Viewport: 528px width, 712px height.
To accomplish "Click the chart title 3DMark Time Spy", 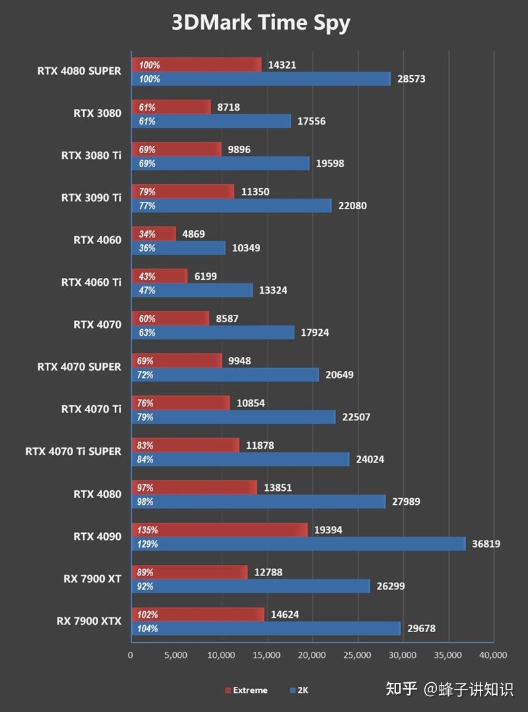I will (261, 22).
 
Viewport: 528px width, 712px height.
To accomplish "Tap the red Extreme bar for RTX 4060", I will (154, 234).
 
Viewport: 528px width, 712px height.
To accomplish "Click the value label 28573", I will (411, 79).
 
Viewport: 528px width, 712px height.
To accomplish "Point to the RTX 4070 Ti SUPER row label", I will (73, 451).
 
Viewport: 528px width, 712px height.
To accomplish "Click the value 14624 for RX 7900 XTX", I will (284, 614).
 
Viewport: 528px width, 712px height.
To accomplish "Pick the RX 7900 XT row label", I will (92, 579).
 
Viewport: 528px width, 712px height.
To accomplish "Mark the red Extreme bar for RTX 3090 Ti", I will (183, 191).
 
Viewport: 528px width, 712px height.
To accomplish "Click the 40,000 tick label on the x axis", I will (492, 655).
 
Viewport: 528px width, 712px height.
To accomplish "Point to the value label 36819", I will (486, 544).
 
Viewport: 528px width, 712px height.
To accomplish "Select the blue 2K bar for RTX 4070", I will (213, 333).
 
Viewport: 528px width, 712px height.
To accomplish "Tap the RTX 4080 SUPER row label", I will (79, 71).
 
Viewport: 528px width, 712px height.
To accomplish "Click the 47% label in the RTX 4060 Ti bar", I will (146, 290).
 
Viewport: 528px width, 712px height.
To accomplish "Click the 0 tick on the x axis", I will (131, 655).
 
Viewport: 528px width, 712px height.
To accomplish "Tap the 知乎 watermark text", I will (401, 689).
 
